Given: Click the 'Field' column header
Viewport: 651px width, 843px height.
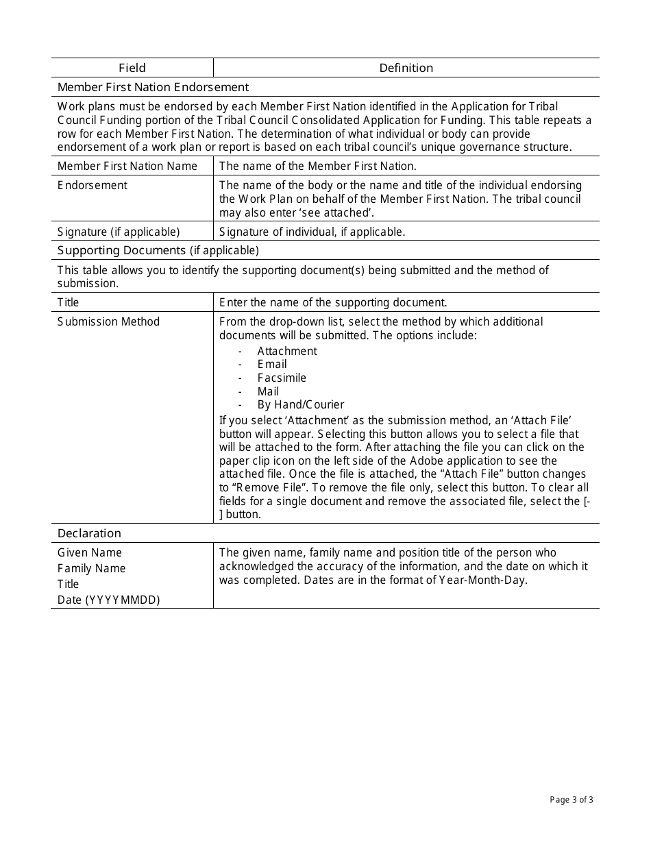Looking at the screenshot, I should click(132, 68).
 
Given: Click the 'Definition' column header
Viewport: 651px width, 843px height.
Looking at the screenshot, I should click(406, 68).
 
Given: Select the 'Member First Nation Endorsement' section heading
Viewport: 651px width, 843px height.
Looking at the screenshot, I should click(153, 87).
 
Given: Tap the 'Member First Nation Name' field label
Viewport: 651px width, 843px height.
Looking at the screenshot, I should click(127, 166).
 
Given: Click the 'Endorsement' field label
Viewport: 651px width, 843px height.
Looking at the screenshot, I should click(93, 185).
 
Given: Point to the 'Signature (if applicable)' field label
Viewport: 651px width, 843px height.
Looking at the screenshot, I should click(119, 232).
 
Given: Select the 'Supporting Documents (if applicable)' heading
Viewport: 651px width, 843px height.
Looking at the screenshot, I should click(158, 250).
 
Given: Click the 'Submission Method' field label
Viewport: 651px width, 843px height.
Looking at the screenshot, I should click(108, 321).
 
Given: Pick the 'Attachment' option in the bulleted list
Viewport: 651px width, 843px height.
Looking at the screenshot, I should click(287, 351).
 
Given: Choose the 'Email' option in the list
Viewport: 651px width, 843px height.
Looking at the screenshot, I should click(272, 364).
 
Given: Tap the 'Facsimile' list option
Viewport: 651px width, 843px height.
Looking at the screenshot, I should click(282, 378).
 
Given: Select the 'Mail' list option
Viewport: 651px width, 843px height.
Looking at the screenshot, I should click(268, 391).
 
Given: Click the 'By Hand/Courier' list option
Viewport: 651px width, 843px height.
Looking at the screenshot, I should click(301, 404).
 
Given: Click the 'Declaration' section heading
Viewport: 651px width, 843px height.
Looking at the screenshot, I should click(89, 533).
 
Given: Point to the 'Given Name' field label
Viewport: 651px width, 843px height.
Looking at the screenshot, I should click(90, 552).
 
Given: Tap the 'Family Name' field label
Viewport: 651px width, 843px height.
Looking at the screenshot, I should click(92, 568).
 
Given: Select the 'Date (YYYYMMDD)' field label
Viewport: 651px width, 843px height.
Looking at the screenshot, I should click(108, 600).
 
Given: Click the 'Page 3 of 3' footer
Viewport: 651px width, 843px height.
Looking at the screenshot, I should click(572, 799).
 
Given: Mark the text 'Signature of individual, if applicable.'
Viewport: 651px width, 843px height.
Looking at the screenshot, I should click(312, 232).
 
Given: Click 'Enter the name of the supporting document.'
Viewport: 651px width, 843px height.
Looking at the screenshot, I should click(333, 302).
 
